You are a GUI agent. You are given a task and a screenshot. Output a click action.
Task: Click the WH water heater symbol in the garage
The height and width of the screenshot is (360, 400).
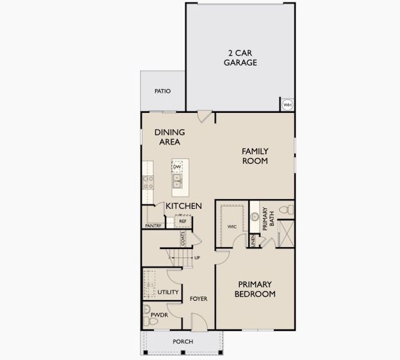pyautogui.click(x=287, y=104)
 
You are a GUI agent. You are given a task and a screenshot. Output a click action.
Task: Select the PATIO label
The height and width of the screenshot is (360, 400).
pyautogui.click(x=163, y=91)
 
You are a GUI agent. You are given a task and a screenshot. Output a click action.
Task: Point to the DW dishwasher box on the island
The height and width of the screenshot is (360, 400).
pyautogui.click(x=178, y=167)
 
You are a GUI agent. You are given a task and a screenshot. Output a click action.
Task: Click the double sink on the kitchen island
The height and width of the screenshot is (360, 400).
pyautogui.click(x=178, y=180)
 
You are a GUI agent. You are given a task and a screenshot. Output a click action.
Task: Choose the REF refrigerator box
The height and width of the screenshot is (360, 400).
pyautogui.click(x=182, y=221)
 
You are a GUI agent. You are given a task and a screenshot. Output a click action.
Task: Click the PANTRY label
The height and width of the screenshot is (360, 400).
pyautogui.click(x=153, y=226)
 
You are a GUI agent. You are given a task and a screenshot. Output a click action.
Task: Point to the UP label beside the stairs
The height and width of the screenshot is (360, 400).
pyautogui.click(x=197, y=257)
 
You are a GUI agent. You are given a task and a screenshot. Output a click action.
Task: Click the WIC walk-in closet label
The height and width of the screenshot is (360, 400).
pyautogui.click(x=233, y=227)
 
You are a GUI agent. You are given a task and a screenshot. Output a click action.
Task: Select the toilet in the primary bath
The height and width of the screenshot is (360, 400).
pyautogui.click(x=289, y=209)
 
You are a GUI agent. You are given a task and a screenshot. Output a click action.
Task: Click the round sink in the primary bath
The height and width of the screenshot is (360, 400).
pyautogui.click(x=254, y=216)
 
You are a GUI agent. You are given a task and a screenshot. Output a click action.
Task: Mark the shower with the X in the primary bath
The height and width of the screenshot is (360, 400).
pyautogui.click(x=286, y=233)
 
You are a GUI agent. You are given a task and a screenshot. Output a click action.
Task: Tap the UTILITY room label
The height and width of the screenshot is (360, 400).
pyautogui.click(x=168, y=292)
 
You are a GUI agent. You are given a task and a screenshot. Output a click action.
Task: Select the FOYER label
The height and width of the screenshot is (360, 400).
pyautogui.click(x=199, y=298)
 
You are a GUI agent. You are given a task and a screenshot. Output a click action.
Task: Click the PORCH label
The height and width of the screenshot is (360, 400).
pyautogui.click(x=182, y=341)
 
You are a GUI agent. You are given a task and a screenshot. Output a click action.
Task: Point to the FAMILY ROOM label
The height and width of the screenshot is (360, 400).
pyautogui.click(x=255, y=156)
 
